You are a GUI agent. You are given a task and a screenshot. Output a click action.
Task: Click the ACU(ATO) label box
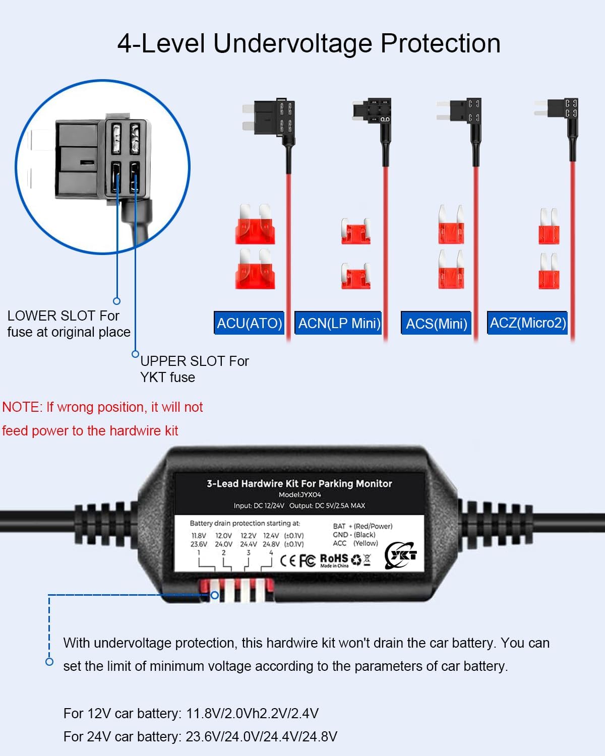(249, 323)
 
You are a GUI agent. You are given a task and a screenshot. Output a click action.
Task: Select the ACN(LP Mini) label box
(339, 323)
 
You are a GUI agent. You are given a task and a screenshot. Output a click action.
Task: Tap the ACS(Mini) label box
(437, 324)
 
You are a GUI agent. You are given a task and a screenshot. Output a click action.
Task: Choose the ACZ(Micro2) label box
(527, 323)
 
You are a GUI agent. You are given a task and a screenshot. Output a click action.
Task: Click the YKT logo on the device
(401, 555)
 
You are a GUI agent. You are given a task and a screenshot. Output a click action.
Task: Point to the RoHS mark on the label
(334, 558)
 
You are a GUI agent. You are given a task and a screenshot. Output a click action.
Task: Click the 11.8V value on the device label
(199, 536)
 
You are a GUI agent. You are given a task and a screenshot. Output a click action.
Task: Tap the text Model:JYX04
(299, 495)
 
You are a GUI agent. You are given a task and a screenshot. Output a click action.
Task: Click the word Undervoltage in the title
(293, 43)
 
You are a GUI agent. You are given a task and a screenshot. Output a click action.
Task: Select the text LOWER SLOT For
(63, 316)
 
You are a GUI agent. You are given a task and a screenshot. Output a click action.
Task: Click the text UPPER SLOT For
(194, 361)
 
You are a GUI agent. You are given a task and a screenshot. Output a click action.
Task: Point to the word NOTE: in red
(22, 407)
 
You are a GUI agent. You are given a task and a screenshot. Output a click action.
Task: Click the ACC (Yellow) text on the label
(355, 543)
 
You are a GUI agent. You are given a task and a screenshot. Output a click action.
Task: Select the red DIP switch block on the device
(236, 591)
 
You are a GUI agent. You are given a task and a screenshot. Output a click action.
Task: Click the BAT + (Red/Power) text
(362, 526)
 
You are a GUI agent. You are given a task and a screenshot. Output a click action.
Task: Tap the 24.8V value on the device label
(271, 544)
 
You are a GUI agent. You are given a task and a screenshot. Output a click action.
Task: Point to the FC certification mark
(307, 560)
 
